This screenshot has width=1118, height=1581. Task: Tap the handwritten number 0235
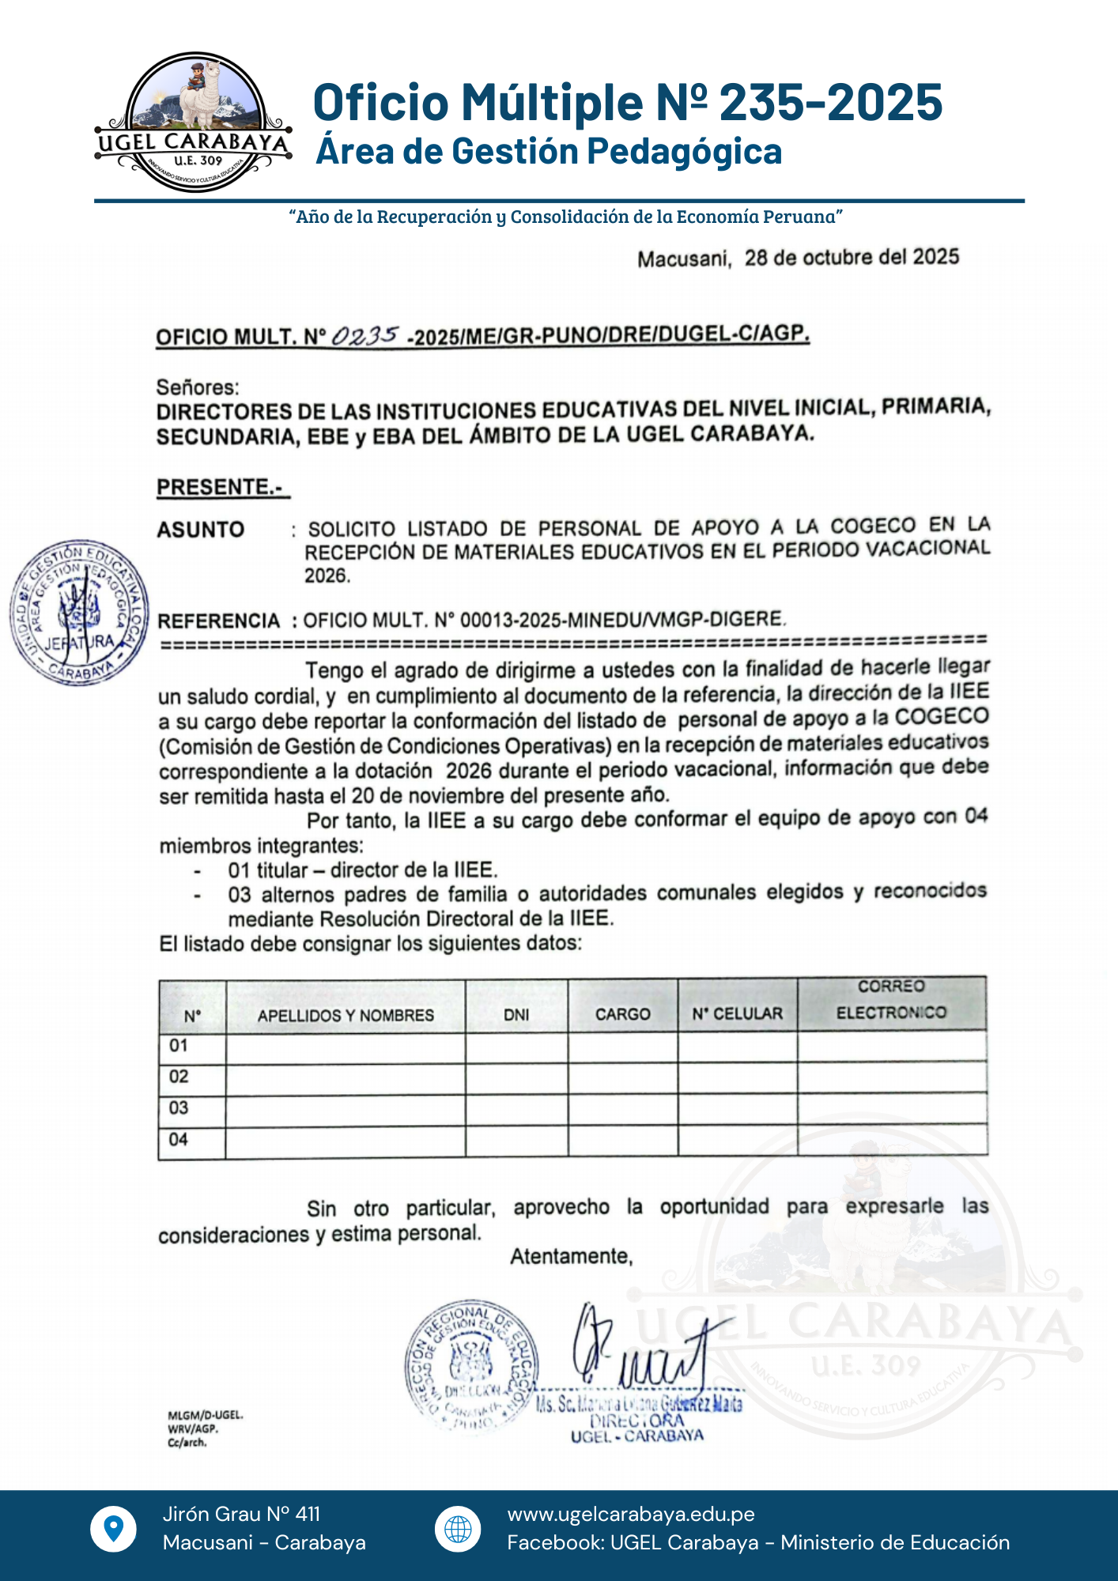(364, 336)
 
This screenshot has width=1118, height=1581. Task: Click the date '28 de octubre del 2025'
(852, 258)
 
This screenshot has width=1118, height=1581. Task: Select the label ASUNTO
(201, 529)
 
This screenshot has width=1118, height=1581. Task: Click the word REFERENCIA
(219, 621)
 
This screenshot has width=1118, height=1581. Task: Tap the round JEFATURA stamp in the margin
(79, 614)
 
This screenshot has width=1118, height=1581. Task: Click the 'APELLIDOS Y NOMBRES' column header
(346, 1015)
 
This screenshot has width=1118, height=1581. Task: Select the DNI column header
(516, 1015)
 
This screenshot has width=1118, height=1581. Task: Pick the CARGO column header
(623, 1014)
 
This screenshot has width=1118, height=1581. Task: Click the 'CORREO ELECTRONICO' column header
(891, 1000)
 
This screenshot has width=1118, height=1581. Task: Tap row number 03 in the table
(179, 1108)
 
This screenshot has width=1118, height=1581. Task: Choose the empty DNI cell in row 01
(516, 1047)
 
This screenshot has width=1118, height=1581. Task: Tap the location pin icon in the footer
(114, 1529)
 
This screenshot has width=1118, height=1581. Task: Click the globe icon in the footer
(458, 1529)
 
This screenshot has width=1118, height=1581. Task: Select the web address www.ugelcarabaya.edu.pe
(631, 1514)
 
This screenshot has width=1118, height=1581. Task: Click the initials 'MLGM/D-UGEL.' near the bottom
(205, 1415)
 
